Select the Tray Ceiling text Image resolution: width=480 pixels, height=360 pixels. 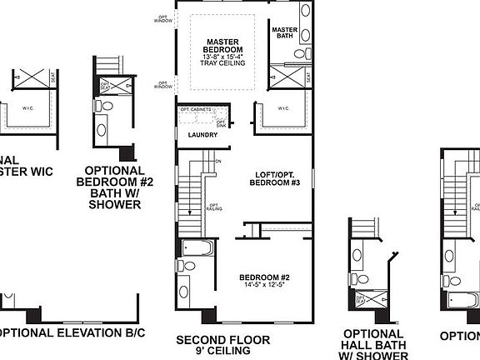(222, 64)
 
